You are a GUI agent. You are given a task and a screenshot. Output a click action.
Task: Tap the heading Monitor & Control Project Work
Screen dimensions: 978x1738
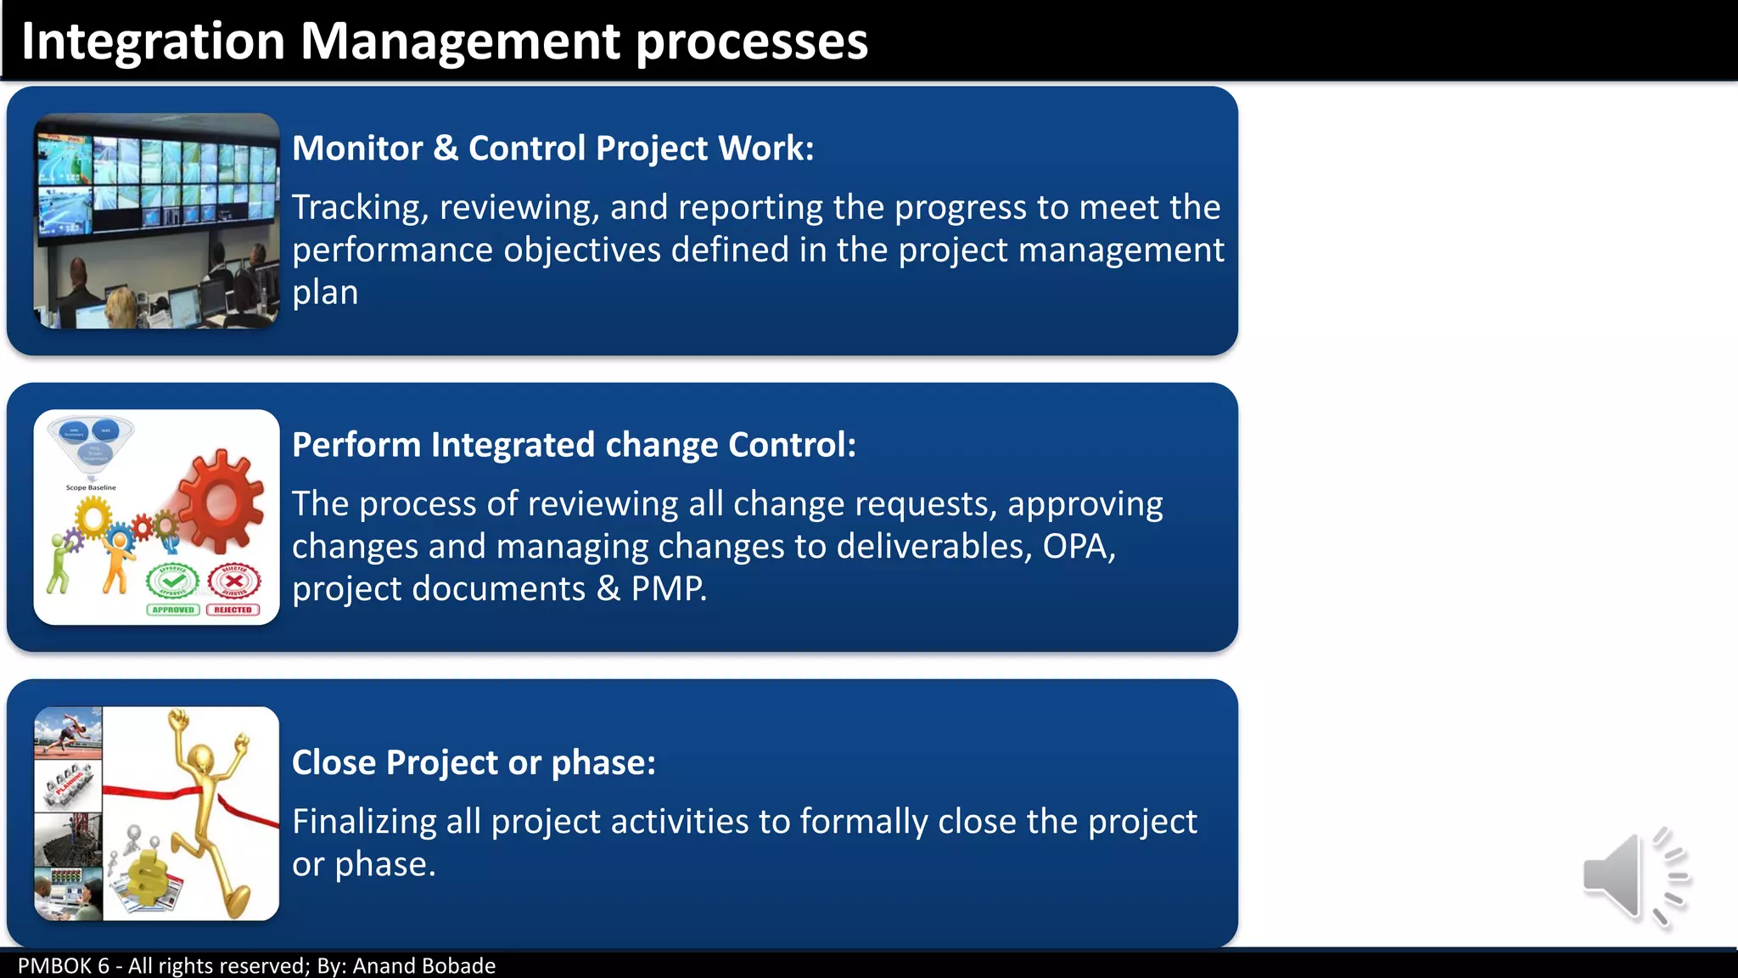point(552,149)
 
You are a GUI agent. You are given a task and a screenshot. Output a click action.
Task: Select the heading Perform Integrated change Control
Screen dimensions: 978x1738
point(574,445)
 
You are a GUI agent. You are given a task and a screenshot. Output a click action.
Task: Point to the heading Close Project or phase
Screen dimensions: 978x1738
point(474,762)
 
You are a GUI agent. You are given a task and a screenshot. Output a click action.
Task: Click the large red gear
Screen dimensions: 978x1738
point(221,502)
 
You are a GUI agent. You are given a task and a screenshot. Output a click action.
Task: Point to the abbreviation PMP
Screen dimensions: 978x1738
point(668,589)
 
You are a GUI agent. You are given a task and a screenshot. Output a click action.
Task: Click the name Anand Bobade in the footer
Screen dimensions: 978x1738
point(423,966)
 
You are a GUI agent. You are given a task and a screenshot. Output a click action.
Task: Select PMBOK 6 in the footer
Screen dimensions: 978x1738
point(64,966)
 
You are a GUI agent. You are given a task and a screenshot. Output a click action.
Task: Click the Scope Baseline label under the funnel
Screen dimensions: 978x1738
point(91,488)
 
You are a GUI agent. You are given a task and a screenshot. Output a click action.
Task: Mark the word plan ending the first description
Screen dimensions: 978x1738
point(325,293)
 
